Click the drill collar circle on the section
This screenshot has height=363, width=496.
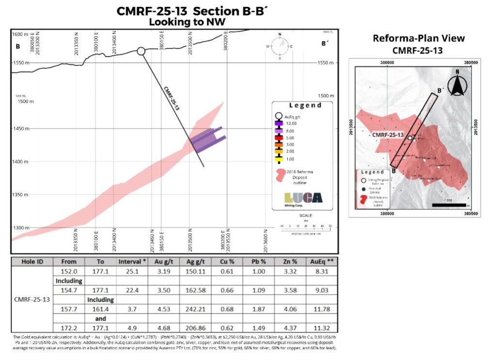(x=141, y=51)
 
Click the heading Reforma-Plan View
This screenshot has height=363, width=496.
(x=418, y=38)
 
